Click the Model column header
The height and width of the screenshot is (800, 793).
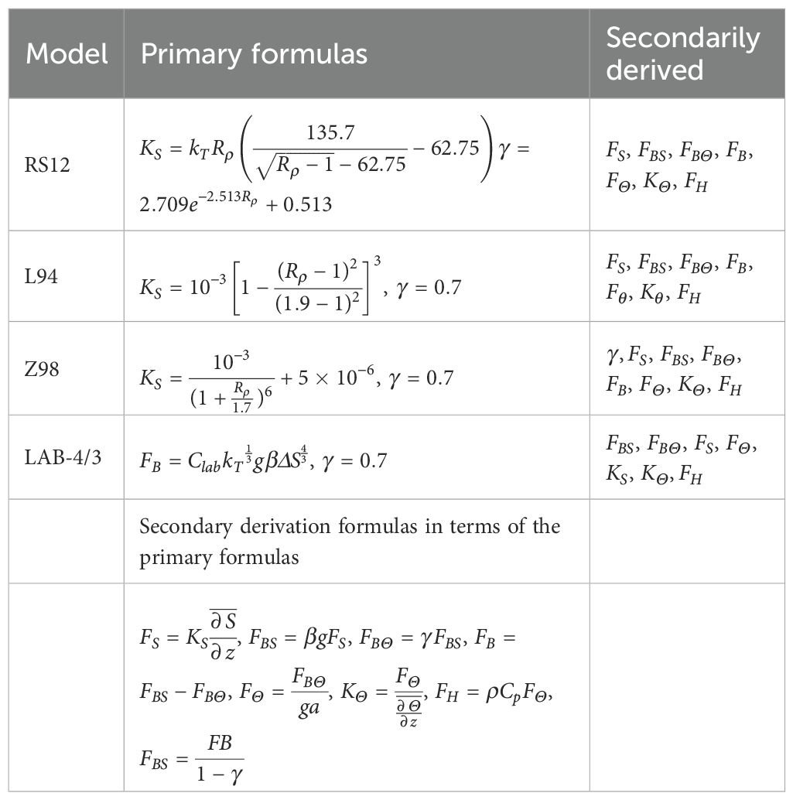pos(66,53)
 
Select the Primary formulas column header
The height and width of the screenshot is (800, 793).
pos(254,53)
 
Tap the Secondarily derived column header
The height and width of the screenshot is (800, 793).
pos(682,53)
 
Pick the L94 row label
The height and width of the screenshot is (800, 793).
pos(43,276)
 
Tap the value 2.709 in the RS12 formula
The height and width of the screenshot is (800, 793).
pos(166,204)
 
